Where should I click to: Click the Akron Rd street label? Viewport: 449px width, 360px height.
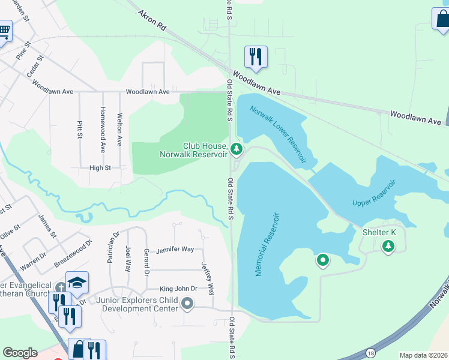click(151, 20)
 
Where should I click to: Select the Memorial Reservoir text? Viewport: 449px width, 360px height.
click(268, 244)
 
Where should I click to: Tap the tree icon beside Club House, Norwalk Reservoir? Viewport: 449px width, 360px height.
click(237, 148)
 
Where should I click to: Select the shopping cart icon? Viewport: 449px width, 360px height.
click(4, 30)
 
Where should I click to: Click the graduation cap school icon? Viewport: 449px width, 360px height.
click(77, 282)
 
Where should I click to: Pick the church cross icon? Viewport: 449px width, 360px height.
click(61, 289)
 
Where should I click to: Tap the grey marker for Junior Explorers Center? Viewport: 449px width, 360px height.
click(188, 304)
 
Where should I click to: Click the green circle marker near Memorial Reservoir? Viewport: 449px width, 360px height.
click(323, 260)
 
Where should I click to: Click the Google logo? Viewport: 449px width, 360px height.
click(20, 353)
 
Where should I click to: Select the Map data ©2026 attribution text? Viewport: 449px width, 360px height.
click(423, 355)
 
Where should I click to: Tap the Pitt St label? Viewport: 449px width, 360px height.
click(80, 130)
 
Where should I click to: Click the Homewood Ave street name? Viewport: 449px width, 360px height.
click(103, 130)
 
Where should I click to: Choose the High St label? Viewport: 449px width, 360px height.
click(100, 168)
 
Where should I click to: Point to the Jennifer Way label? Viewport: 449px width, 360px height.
click(175, 249)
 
